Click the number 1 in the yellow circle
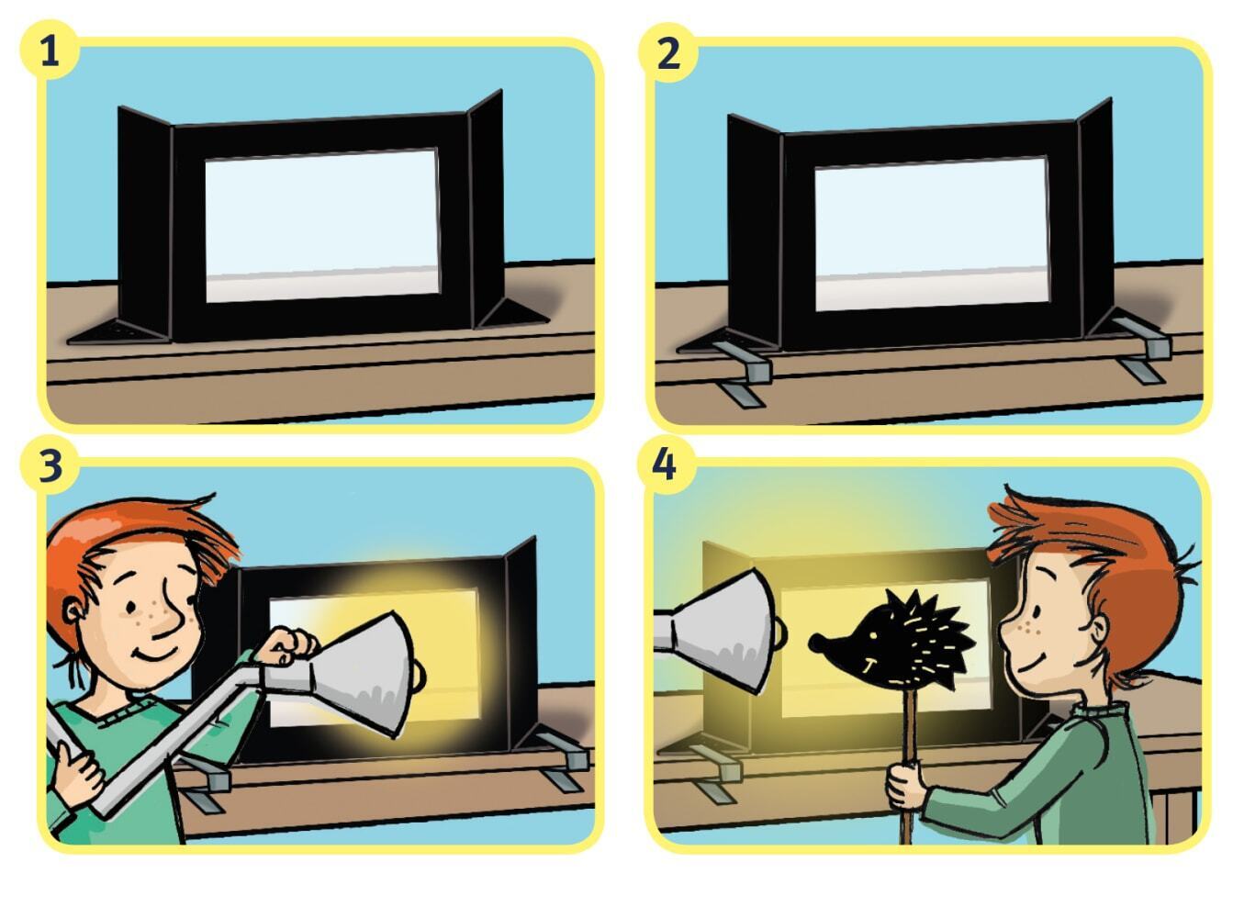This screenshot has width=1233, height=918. click(x=50, y=53)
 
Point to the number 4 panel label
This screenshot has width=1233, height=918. click(x=665, y=465)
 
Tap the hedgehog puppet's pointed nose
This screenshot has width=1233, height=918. click(x=813, y=644)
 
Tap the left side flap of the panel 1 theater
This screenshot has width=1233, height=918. click(x=145, y=222)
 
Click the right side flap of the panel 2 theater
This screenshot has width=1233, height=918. click(x=1095, y=218)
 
